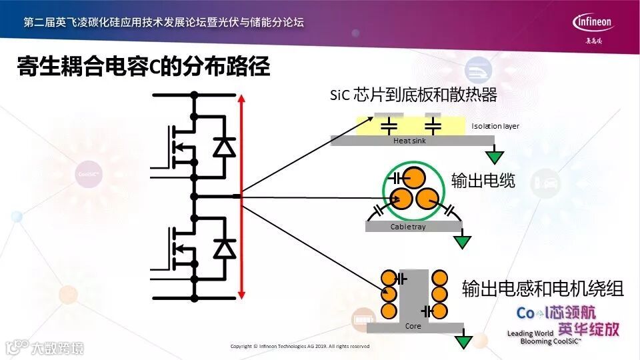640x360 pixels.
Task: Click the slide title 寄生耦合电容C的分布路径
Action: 143,67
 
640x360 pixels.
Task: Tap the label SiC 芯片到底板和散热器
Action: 413,95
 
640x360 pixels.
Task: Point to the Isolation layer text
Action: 495,126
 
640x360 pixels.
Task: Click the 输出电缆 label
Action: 483,181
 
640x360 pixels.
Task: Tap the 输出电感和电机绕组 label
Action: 543,289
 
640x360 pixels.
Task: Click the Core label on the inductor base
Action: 413,327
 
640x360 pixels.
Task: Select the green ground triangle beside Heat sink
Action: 494,157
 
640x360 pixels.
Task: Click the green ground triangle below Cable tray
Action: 461,241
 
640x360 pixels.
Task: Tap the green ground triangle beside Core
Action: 462,342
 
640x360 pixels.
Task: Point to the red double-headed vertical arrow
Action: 241,197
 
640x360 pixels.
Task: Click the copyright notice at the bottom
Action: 299,347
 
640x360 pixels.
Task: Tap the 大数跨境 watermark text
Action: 57,347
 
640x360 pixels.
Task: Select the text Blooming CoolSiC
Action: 551,341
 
